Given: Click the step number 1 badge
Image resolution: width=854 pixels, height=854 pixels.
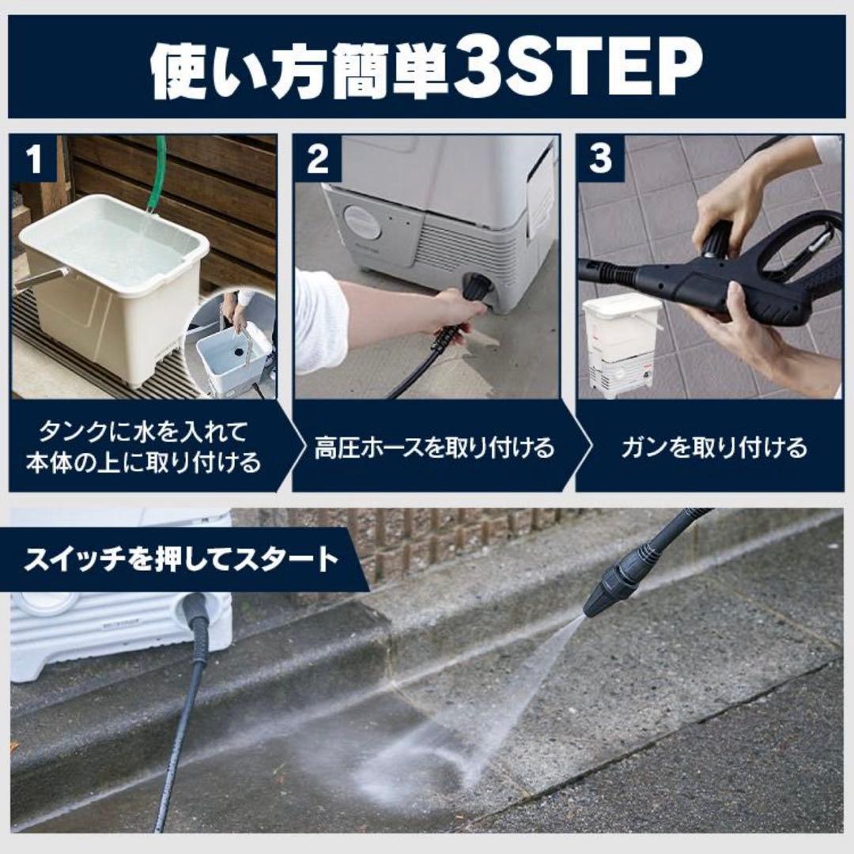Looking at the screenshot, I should coord(33,159).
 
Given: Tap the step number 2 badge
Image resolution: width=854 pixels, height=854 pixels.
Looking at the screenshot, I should coord(317,159).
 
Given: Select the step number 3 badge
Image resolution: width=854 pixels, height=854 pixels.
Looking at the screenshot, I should coord(600,159).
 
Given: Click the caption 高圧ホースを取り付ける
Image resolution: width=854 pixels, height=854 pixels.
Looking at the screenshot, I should coord(434,448).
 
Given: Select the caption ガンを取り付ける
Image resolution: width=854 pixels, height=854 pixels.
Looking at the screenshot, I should coord(714,448).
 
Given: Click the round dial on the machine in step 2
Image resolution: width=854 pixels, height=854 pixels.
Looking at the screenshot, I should coord(362,223).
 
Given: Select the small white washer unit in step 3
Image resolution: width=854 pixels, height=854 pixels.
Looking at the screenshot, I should coord(621,343).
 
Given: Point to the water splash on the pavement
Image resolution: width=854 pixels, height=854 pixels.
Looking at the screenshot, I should coord(411,759).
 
